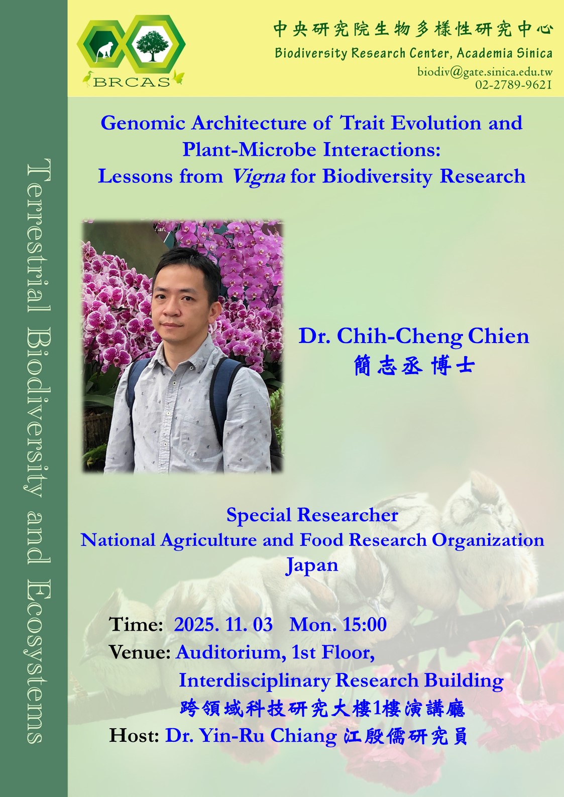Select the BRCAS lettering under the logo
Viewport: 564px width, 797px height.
(132, 82)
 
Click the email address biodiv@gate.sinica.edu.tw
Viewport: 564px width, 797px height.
(485, 72)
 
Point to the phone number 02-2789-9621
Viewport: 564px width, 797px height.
(513, 85)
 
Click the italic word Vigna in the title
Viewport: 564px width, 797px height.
(259, 177)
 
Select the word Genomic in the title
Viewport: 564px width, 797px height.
(143, 124)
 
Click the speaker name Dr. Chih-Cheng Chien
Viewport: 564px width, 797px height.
(414, 336)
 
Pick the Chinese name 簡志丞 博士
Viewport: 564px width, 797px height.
(414, 366)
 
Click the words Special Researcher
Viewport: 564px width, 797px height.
(312, 515)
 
